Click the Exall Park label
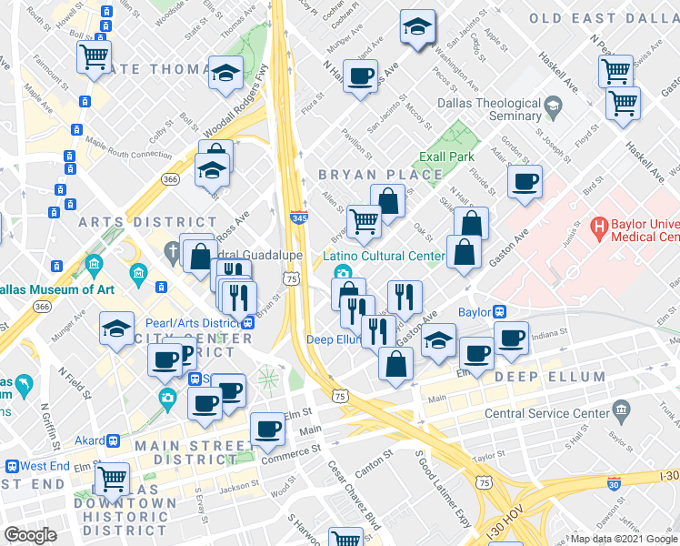pyautogui.click(x=448, y=157)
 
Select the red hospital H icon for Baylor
pyautogui.click(x=599, y=225)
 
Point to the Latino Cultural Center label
pyautogui.click(x=385, y=256)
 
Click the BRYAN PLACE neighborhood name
pyautogui.click(x=360, y=173)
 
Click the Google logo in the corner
pyautogui.click(x=31, y=535)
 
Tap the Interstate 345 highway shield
pyautogui.click(x=298, y=218)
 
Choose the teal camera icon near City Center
pyautogui.click(x=167, y=397)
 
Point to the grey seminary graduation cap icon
pyautogui.click(x=552, y=111)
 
